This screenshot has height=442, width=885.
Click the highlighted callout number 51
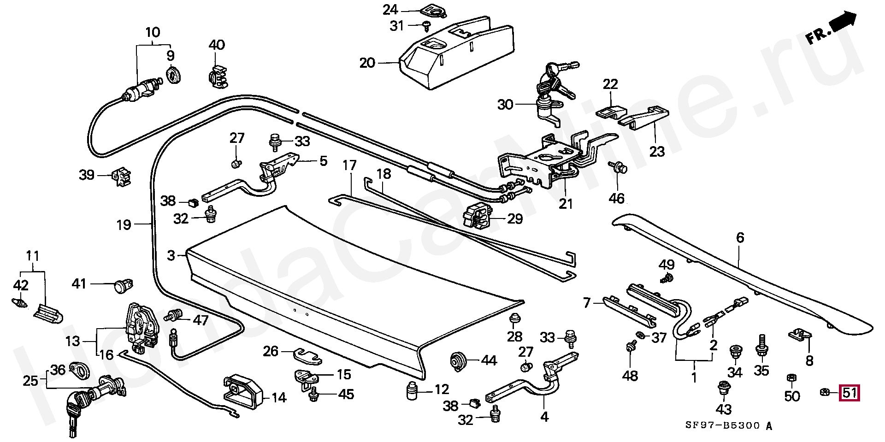coord(850,393)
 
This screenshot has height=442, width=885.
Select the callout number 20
coord(368,63)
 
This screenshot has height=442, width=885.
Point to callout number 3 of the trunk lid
coord(171,255)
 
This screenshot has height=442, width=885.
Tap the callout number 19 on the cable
coord(124,225)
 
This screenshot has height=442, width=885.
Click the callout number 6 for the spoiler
coord(740,238)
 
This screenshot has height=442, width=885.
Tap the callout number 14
coord(278,397)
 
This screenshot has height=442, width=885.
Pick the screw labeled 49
coord(666,278)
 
